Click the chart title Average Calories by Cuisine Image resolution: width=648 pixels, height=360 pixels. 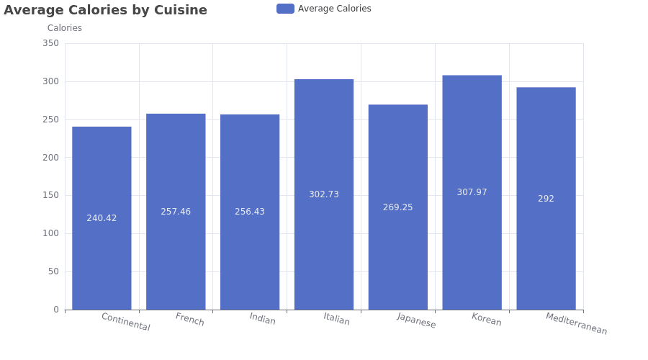click(x=105, y=10)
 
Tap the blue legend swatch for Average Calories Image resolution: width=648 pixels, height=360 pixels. click(x=285, y=9)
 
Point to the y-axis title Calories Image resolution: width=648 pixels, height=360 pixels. click(x=65, y=28)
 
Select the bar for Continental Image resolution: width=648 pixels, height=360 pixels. click(x=102, y=218)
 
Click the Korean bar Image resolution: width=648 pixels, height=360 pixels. click(x=472, y=193)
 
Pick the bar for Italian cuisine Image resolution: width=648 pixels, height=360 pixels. click(x=324, y=194)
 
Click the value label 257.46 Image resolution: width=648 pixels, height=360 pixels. click(x=176, y=212)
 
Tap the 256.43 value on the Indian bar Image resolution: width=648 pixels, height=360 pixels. click(x=250, y=212)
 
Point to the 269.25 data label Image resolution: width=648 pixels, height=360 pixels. click(x=398, y=207)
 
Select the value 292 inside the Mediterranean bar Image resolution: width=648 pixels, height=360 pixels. click(x=546, y=199)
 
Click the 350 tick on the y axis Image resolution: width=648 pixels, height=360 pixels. click(x=51, y=43)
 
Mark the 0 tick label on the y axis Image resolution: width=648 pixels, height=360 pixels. click(x=56, y=310)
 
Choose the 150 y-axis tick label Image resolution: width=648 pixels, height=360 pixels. click(x=51, y=195)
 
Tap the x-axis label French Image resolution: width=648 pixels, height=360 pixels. click(x=189, y=319)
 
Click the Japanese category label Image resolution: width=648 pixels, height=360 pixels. click(x=416, y=320)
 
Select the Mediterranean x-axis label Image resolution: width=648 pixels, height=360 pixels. click(x=577, y=323)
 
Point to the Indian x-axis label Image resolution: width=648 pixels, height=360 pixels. click(x=262, y=319)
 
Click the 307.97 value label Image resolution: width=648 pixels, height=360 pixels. click(x=472, y=192)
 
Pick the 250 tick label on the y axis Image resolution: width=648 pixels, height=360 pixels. click(x=51, y=119)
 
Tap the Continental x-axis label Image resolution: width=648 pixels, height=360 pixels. click(x=125, y=322)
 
